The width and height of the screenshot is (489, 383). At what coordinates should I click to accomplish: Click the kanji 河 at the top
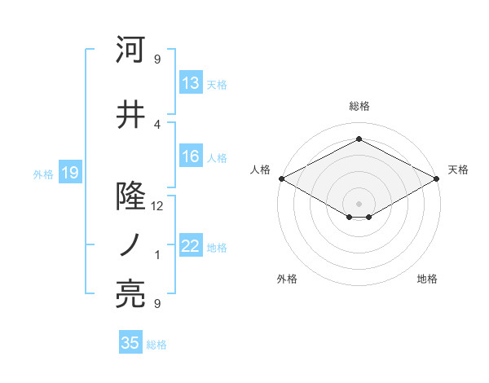[x=131, y=51]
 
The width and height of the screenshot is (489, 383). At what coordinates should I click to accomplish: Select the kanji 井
[x=131, y=115]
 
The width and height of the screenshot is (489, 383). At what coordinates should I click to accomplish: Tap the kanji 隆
[x=131, y=196]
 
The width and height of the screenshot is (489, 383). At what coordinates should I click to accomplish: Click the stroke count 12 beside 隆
[x=157, y=206]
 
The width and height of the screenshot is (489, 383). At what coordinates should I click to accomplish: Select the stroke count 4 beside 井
[x=157, y=124]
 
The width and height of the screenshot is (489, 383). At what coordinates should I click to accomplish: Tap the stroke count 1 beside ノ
[x=157, y=255]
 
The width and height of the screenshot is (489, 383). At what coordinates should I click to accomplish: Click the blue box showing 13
[x=191, y=83]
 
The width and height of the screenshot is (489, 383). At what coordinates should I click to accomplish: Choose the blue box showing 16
[x=191, y=156]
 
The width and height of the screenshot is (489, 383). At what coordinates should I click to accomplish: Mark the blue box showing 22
[x=191, y=246]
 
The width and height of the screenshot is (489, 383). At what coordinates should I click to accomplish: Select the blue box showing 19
[x=69, y=173]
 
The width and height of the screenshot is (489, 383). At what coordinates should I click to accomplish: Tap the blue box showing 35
[x=130, y=343]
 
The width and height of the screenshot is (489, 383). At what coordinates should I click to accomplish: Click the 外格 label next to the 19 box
[x=43, y=174]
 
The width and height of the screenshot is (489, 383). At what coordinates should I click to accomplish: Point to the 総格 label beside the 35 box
[x=156, y=345]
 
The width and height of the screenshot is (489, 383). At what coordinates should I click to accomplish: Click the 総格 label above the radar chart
[x=359, y=106]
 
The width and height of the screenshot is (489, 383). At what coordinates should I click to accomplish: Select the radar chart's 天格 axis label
[x=458, y=169]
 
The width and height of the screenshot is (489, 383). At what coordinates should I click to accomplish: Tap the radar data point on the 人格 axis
[x=281, y=178]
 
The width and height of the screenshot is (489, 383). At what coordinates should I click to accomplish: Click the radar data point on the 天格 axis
[x=438, y=178]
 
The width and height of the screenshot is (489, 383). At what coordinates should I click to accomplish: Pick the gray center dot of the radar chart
[x=359, y=202]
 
